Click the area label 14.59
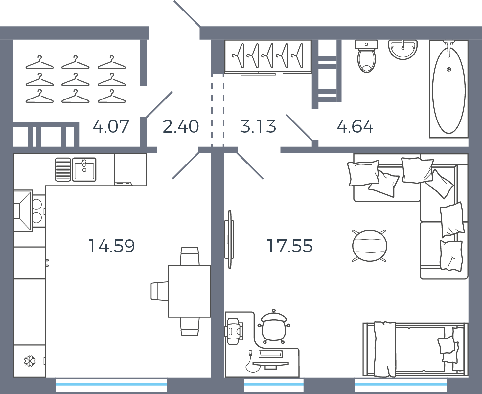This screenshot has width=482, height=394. (111, 246)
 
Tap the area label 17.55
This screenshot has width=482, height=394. (289, 246)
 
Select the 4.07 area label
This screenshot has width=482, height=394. (111, 126)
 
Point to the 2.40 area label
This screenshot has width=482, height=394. (181, 126)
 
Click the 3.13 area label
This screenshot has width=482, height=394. (258, 126)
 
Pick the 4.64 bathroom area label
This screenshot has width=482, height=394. (355, 126)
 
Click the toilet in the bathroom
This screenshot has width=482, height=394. (366, 56)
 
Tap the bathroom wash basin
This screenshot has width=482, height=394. (403, 50)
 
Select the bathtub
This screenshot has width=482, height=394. (449, 89)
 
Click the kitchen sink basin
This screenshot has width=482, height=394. (84, 169)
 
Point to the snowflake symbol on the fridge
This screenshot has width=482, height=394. (30, 361)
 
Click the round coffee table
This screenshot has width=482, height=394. (369, 246)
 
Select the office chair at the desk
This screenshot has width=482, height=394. (274, 327)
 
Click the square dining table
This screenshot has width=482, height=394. (190, 291)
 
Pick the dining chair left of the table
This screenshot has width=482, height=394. (160, 291)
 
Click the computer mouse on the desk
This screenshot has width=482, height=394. (250, 353)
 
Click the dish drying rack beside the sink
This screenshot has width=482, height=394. (63, 169)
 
